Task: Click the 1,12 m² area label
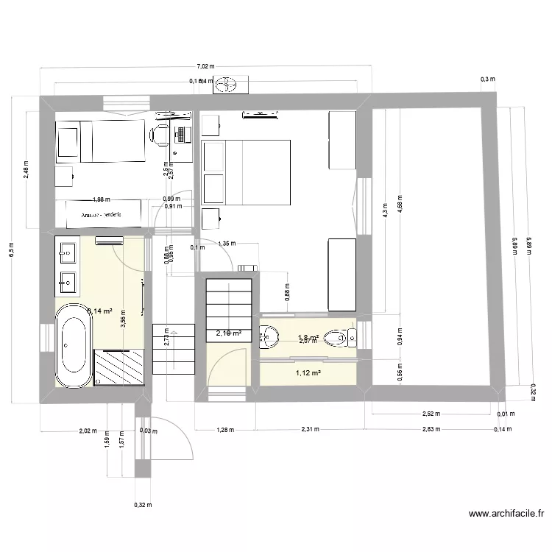308,373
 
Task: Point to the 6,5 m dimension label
10,249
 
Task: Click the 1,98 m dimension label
102,199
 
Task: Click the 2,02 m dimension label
88,431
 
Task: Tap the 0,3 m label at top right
486,79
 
